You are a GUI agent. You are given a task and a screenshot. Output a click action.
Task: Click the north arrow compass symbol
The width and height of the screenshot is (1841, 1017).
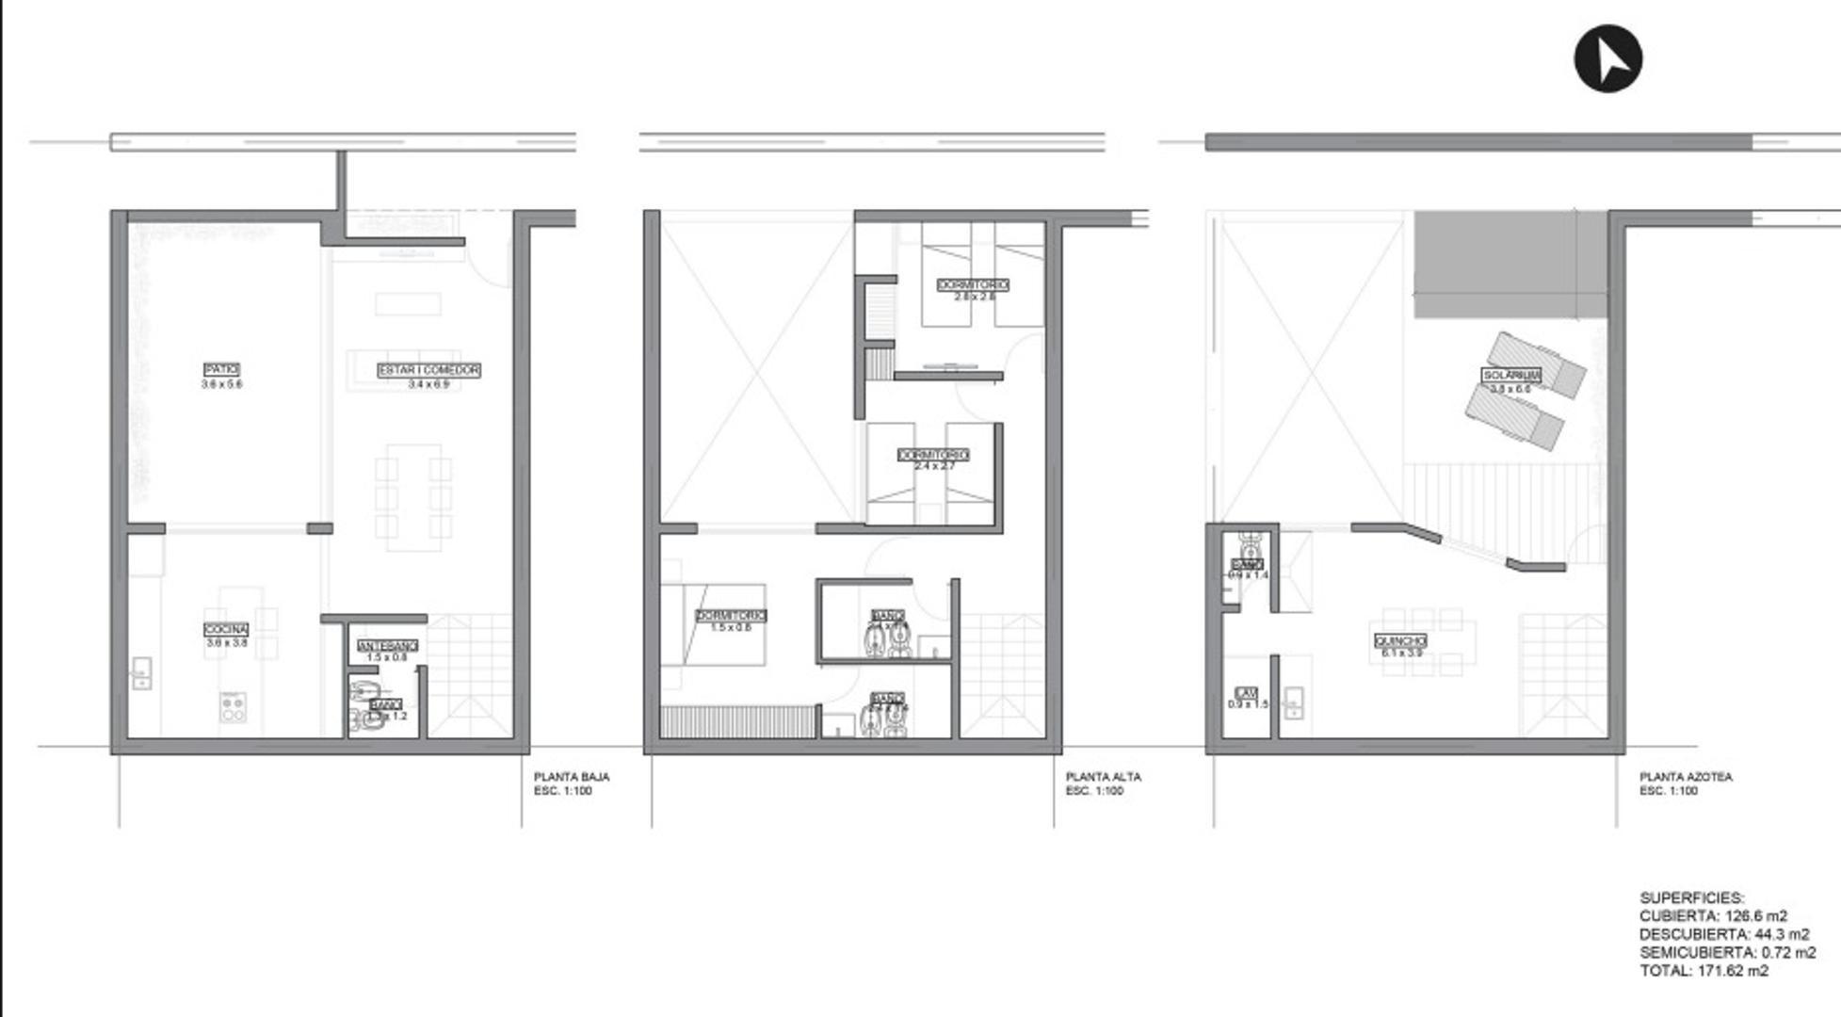(1607, 58)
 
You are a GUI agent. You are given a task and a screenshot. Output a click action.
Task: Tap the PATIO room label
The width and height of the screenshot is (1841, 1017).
(221, 370)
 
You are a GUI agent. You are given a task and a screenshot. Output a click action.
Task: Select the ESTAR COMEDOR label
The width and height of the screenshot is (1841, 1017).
(428, 370)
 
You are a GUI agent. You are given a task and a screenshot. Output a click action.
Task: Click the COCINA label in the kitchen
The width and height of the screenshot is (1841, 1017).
(226, 629)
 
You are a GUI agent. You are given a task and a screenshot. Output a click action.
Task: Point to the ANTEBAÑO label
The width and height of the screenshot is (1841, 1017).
(387, 646)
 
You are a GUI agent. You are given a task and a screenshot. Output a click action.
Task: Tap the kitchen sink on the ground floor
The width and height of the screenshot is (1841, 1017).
(141, 672)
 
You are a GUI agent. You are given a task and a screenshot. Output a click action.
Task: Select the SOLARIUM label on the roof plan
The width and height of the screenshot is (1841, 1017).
(1511, 375)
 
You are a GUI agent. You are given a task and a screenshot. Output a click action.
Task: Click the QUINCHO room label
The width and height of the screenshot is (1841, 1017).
(1400, 641)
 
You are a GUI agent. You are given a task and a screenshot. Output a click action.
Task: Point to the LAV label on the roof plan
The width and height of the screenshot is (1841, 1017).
(1246, 693)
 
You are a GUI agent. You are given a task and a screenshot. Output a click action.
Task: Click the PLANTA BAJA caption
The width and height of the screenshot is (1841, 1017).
(572, 777)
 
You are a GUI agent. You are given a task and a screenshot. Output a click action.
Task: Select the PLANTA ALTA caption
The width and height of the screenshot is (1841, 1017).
(1104, 777)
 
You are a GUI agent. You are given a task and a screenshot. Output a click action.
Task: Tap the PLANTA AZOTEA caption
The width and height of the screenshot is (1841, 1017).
(1686, 777)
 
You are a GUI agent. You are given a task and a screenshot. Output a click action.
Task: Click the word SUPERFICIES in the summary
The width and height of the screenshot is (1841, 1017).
(1691, 898)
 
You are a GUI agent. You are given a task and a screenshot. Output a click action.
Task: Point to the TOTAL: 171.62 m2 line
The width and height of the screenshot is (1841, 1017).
(1704, 971)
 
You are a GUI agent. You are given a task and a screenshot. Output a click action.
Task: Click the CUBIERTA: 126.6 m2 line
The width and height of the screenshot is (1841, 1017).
(1713, 916)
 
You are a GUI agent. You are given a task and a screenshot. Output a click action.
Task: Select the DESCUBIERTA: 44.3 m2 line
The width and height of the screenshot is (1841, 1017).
(1724, 934)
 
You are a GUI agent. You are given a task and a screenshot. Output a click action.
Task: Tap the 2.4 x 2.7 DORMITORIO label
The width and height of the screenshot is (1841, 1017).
(933, 455)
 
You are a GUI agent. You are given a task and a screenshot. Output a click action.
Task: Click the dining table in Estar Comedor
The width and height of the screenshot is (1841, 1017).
(412, 497)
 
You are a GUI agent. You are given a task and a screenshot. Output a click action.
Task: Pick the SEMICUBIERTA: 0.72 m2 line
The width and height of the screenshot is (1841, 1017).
(1727, 953)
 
